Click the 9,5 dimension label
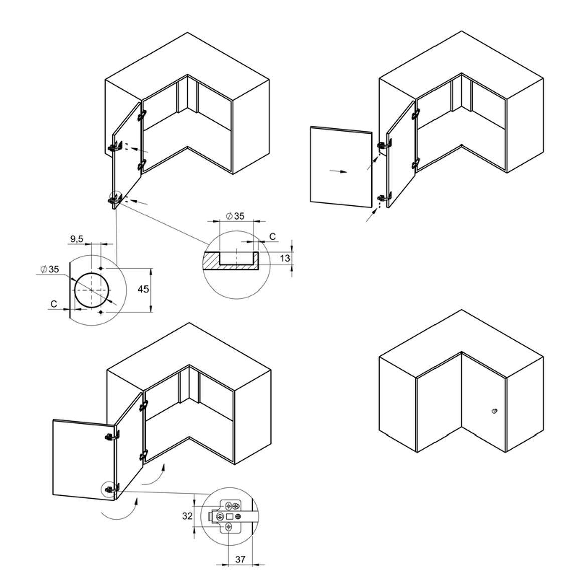(x=77, y=239)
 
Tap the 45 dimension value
(x=143, y=289)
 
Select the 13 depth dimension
(x=285, y=258)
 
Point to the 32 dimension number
(x=187, y=516)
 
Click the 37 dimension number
(x=240, y=559)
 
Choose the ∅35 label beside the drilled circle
(x=50, y=269)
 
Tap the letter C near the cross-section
(x=272, y=237)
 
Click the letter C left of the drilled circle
(x=54, y=304)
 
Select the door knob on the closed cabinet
(x=495, y=411)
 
